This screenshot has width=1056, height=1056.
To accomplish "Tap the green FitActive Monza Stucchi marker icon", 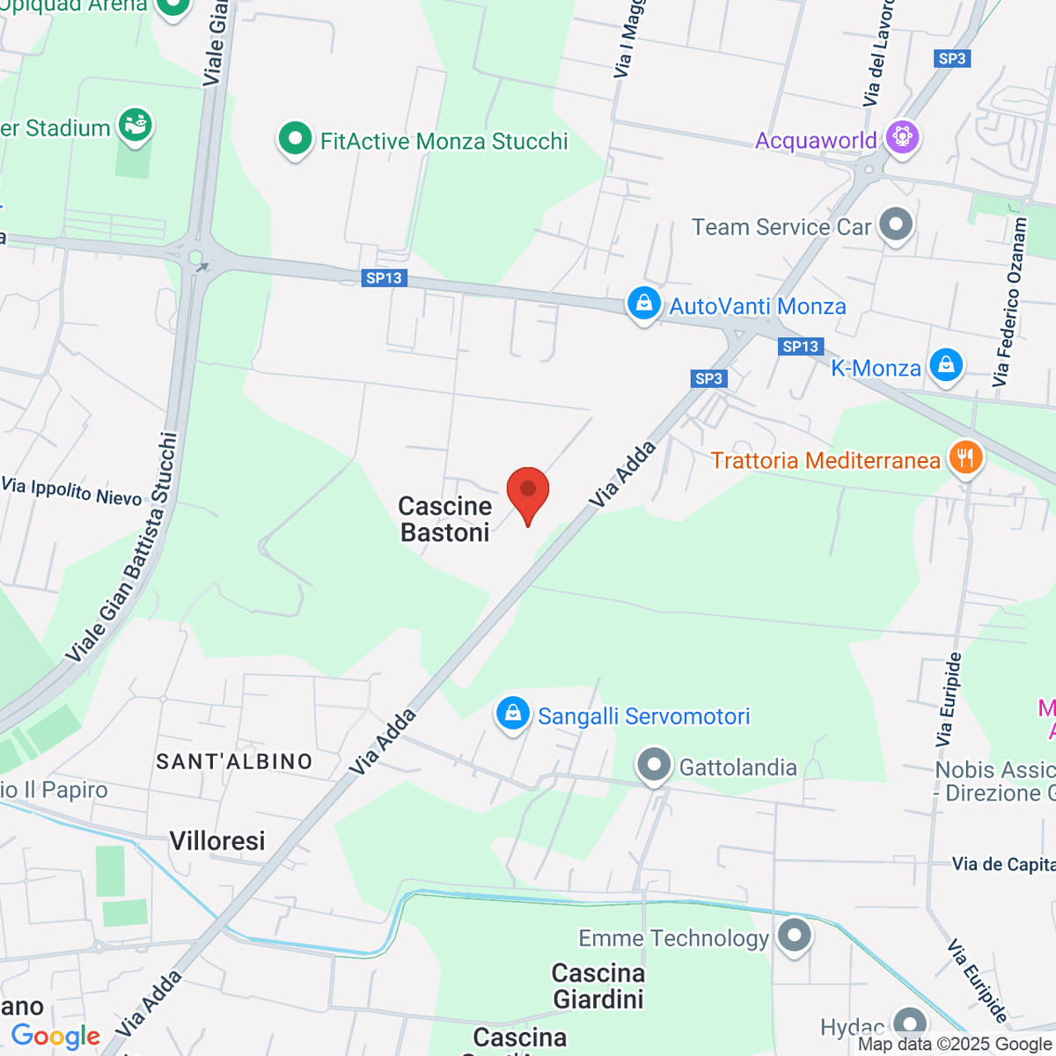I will (295, 139).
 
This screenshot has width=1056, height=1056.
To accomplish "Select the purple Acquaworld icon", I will (902, 137).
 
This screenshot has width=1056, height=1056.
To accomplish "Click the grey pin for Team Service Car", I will (896, 224).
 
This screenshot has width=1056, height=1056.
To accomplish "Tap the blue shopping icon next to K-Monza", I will (946, 363).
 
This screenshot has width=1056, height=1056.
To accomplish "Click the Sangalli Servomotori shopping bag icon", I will (512, 714).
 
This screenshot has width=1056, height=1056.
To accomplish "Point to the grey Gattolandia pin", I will (654, 766).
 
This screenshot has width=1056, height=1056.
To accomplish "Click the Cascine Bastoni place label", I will (445, 519).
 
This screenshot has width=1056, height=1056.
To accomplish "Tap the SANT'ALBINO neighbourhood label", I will (234, 761).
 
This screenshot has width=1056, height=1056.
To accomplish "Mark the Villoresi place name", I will (217, 841).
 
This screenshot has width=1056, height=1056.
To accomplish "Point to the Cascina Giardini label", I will (598, 986).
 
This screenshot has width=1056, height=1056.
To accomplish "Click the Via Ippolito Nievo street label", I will (72, 491).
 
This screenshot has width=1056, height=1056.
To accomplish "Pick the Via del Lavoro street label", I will (879, 53).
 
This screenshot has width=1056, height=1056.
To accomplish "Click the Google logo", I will (55, 1037).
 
